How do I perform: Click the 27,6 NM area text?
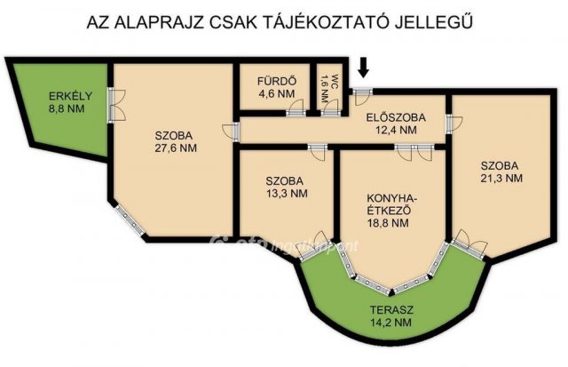(x=175, y=148)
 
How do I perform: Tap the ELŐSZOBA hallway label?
(x=396, y=117)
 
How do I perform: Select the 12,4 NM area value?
(x=396, y=130)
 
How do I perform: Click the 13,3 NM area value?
(x=287, y=192)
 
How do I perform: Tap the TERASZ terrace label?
(x=390, y=311)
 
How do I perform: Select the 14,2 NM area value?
(x=390, y=324)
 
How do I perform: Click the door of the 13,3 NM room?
(x=317, y=148)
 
